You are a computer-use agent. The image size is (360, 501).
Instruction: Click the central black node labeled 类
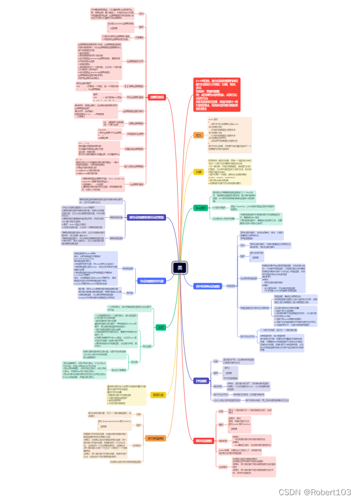pyautogui.click(x=180, y=268)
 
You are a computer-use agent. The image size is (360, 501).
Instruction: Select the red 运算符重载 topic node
pyautogui.click(x=157, y=97)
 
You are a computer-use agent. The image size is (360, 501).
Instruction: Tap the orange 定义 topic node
pyautogui.click(x=199, y=135)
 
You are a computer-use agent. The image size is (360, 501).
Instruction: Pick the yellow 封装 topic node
pyautogui.click(x=199, y=172)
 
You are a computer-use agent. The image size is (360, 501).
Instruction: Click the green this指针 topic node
pyautogui.click(x=200, y=207)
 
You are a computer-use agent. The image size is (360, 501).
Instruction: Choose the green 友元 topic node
pyautogui.click(x=160, y=327)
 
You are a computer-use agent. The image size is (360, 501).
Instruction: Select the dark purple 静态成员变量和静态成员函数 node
pyautogui.click(x=146, y=217)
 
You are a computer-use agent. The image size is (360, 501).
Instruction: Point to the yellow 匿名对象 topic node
pyautogui.click(x=159, y=395)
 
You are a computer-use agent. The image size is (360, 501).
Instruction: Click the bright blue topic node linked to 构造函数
pyautogui.click(x=207, y=286)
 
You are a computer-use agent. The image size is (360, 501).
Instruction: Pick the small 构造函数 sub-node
pyautogui.click(x=231, y=286)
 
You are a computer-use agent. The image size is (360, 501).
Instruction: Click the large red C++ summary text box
pyautogui.click(x=217, y=94)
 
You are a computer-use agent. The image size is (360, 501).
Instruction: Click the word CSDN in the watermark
pyautogui.click(x=288, y=492)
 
